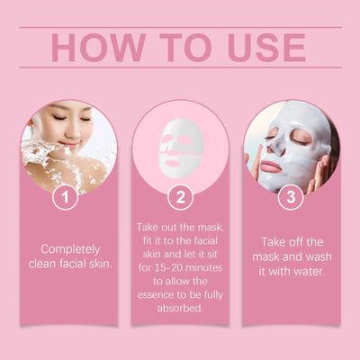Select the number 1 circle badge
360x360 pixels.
[x=64, y=196]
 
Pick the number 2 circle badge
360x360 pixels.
[x=180, y=196]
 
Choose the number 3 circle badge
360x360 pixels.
[x=290, y=196]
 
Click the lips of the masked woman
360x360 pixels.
[x=271, y=167]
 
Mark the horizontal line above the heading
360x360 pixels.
[x=180, y=28]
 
